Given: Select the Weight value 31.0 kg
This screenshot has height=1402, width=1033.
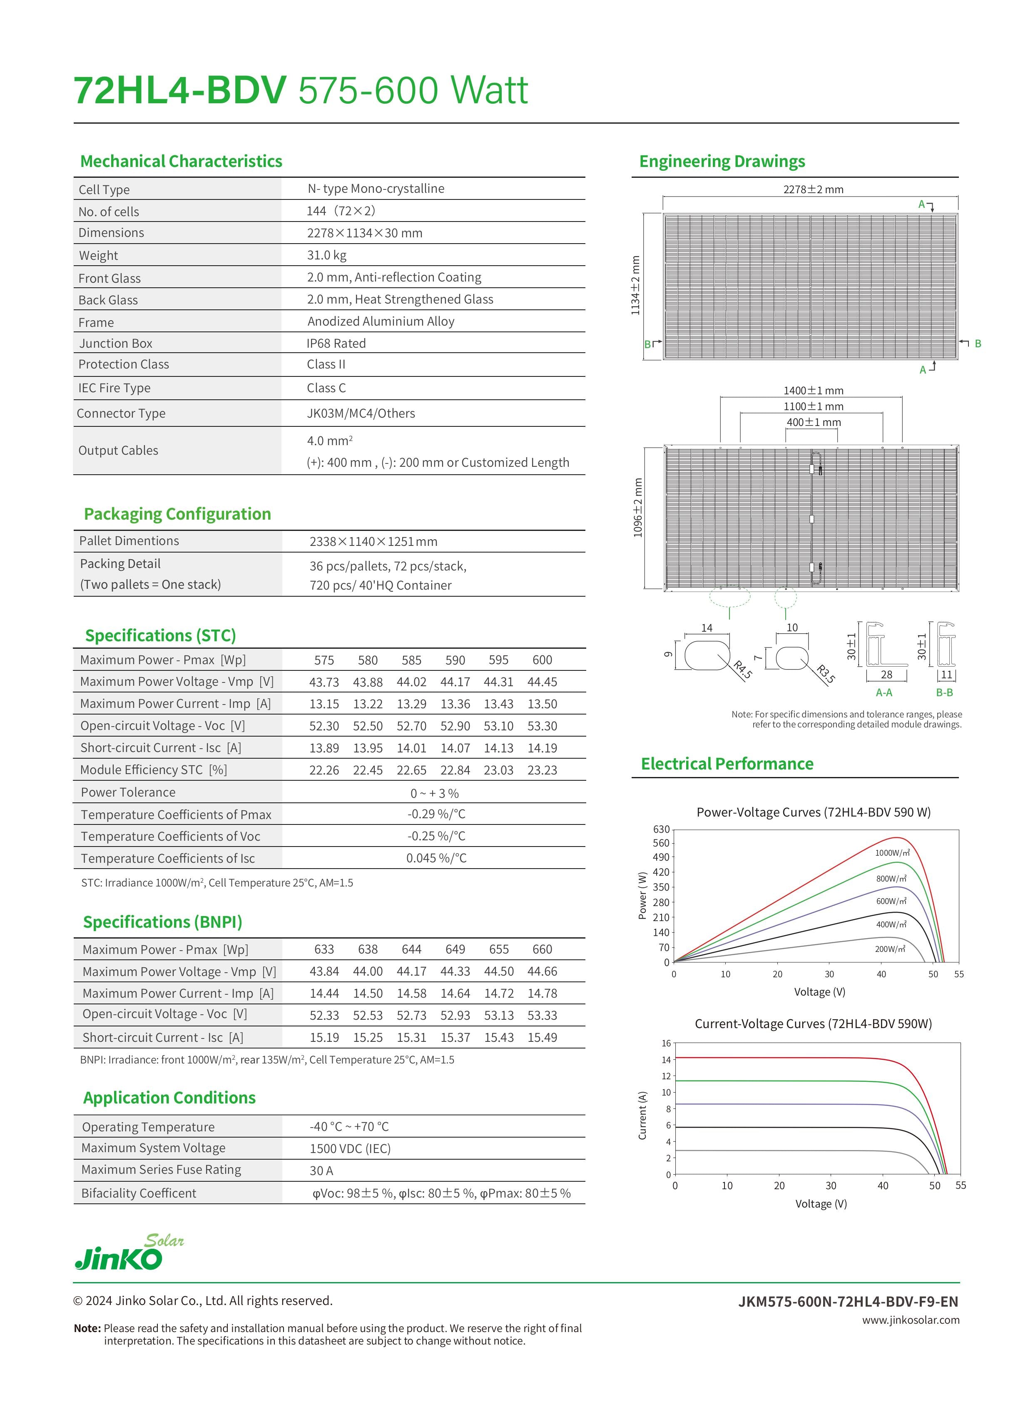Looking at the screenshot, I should coord(326,255).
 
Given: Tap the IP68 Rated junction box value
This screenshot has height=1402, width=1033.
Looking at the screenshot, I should coord(336,343).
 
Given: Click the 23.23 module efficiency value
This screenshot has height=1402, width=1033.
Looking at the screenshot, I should coord(542,770).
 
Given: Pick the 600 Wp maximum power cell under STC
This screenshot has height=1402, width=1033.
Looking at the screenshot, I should coord(542,660).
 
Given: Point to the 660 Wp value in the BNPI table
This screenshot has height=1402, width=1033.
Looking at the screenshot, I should coord(542,949).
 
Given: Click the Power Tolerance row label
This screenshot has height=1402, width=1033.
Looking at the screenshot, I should coord(128,792).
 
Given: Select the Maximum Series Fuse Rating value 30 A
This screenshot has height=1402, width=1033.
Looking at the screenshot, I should coord(321,1170).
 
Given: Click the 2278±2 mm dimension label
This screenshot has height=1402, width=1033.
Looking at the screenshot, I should coord(813,189).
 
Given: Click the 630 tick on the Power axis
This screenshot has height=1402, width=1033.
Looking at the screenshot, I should coord(661,829).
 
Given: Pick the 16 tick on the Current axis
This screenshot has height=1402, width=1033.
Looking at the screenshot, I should coord(666,1043).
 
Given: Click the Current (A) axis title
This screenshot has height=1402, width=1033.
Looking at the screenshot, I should coord(642,1115).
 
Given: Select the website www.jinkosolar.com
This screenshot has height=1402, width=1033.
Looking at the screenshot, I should coord(911,1320).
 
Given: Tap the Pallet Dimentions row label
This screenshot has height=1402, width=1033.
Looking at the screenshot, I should coord(129,541).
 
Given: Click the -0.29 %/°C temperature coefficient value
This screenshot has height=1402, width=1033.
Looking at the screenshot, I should coord(436,814).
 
